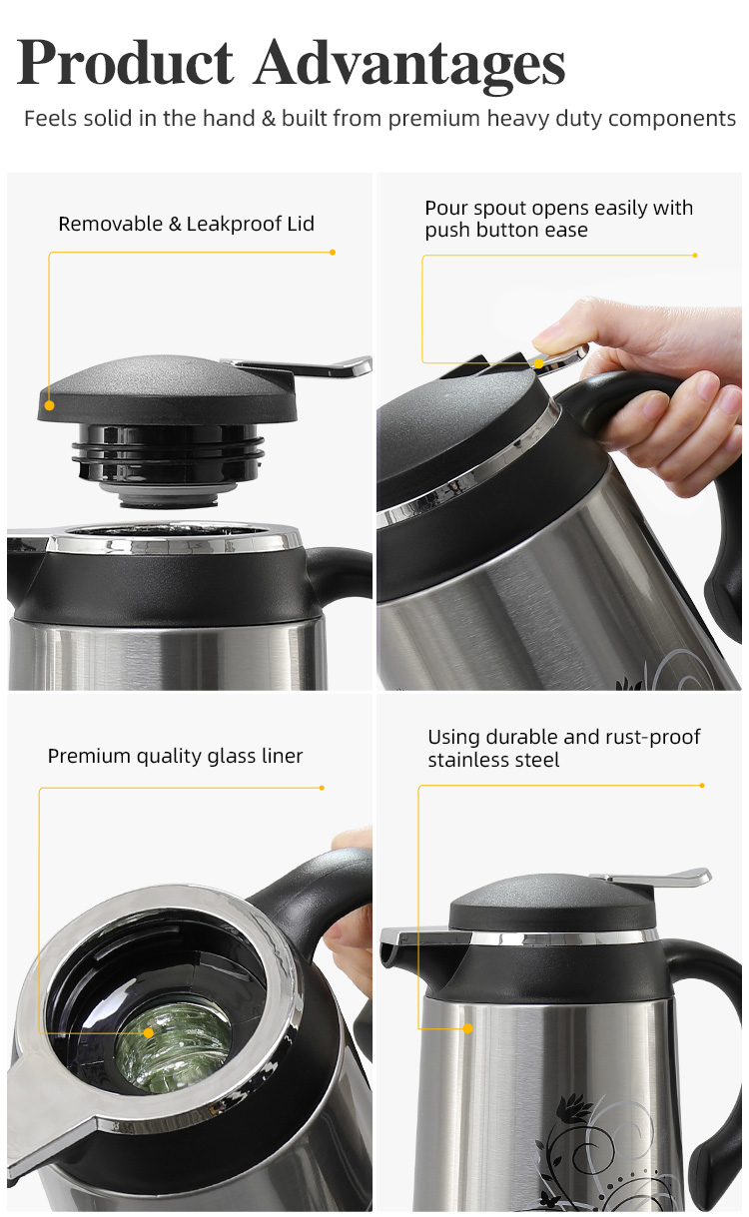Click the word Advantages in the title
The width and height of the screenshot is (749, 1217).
click(409, 66)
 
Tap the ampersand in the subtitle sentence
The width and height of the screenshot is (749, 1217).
click(269, 119)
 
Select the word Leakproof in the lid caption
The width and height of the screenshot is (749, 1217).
click(235, 224)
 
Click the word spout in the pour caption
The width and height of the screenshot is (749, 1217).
click(500, 209)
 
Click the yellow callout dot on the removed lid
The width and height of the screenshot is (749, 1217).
click(50, 405)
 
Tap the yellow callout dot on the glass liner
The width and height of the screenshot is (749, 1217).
click(149, 1033)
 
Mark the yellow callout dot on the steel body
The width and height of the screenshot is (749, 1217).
click(467, 1028)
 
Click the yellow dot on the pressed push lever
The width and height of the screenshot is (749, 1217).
click(538, 363)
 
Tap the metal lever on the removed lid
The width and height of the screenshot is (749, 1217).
click(305, 366)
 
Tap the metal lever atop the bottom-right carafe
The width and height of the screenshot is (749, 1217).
click(652, 876)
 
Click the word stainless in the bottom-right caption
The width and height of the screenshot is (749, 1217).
click(464, 760)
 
